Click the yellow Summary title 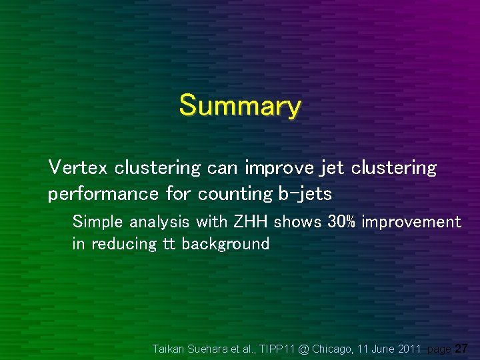240,106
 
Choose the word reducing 123,244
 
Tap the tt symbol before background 169,244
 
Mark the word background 225,244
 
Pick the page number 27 461,349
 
